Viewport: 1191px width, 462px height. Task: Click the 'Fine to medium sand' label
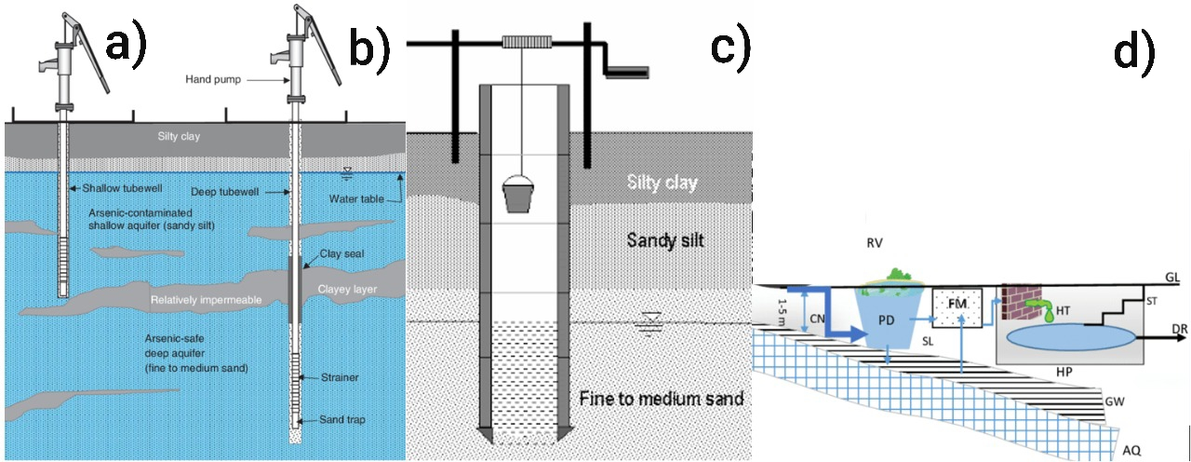pos(661,400)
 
